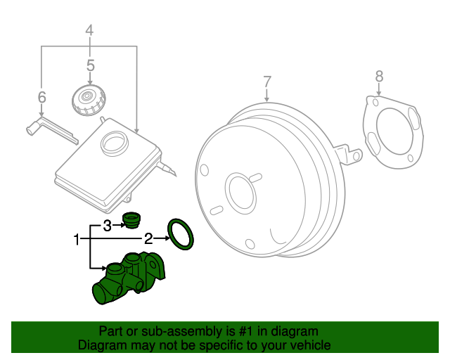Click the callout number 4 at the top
point(89,30)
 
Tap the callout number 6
point(41,96)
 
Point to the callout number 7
point(267,82)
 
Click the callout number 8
point(379,75)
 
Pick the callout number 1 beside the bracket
point(77,240)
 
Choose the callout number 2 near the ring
point(148,238)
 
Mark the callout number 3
point(107,225)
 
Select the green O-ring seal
point(181,233)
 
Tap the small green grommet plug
point(131,219)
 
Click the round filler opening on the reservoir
point(113,143)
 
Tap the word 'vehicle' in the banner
point(307,345)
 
